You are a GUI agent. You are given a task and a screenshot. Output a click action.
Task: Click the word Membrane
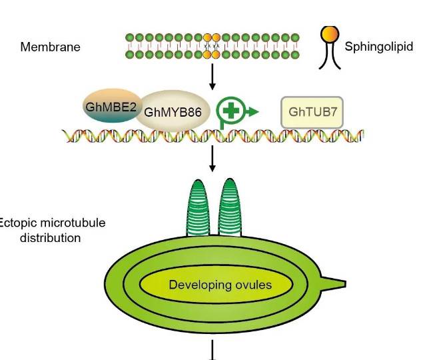[50, 47]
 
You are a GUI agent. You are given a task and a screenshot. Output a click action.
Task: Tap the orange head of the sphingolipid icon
[328, 33]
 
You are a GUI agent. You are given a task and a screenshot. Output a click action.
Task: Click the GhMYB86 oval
[173, 111]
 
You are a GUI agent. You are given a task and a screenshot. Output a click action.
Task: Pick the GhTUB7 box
[313, 113]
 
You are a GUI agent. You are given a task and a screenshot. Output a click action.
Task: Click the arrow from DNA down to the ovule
[212, 159]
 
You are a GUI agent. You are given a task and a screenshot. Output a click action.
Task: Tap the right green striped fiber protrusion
[229, 207]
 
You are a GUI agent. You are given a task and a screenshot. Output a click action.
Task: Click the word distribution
[51, 237]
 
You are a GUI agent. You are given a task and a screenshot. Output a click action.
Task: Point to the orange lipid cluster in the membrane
[212, 46]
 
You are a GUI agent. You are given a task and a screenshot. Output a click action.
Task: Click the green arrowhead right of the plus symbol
[252, 113]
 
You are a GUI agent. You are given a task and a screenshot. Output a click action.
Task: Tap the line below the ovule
[213, 350]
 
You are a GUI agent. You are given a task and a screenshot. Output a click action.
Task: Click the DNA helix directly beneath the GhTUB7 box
[313, 136]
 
